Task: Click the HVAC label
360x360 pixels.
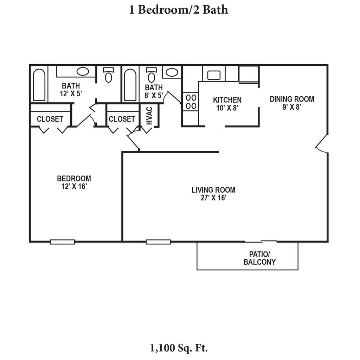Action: [x=149, y=116]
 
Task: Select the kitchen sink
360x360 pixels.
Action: [x=213, y=75]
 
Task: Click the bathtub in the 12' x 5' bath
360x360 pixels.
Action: [x=39, y=84]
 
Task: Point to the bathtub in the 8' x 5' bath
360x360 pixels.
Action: [x=130, y=84]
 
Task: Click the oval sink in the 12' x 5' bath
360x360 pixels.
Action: [x=83, y=72]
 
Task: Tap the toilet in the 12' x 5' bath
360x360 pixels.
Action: [x=109, y=75]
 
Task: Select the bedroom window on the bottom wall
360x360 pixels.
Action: [x=62, y=242]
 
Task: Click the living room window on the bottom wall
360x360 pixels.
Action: [x=158, y=242]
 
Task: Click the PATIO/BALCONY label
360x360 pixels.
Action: [x=259, y=258]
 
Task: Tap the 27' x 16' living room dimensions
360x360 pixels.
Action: [x=213, y=198]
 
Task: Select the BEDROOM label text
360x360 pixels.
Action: [x=74, y=179]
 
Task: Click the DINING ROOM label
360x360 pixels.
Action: [x=292, y=99]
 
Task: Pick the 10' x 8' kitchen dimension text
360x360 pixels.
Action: [x=227, y=108]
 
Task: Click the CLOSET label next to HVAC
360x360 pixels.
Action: [x=122, y=119]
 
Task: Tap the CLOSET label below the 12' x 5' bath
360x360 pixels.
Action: [x=50, y=119]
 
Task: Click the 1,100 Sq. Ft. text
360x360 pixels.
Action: [x=179, y=348]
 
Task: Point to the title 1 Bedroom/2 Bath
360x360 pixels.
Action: [x=179, y=9]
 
